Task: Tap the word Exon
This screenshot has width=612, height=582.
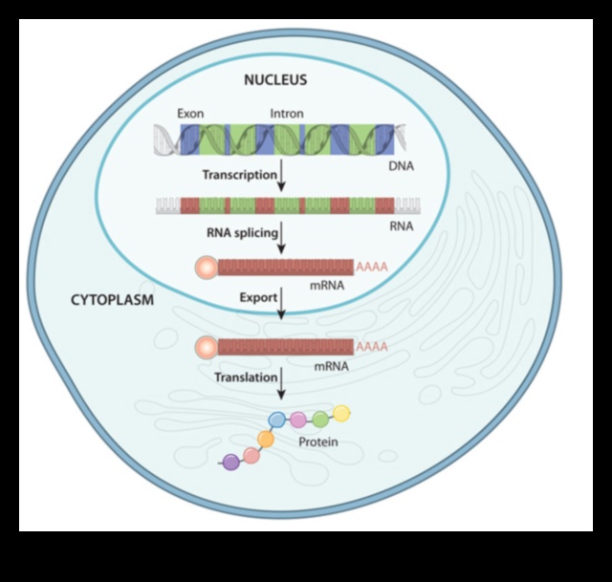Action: [x=190, y=114]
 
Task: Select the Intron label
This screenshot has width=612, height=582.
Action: [x=287, y=114]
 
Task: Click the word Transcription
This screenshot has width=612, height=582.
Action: [x=239, y=174]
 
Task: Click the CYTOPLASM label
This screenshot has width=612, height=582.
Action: [x=113, y=299]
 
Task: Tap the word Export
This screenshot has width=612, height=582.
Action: [x=257, y=299]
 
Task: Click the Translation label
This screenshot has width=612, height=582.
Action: [x=245, y=377]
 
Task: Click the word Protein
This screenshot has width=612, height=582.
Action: [x=317, y=443]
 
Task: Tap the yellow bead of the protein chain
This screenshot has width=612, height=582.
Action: [x=341, y=413]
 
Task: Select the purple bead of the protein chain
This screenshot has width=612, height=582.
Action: [x=229, y=463]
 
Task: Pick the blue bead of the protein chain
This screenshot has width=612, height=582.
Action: [x=277, y=419]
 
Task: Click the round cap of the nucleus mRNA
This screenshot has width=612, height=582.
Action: [x=206, y=269]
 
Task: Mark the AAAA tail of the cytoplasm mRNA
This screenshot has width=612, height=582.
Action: [x=371, y=347]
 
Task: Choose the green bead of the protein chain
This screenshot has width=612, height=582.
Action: [x=320, y=420]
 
